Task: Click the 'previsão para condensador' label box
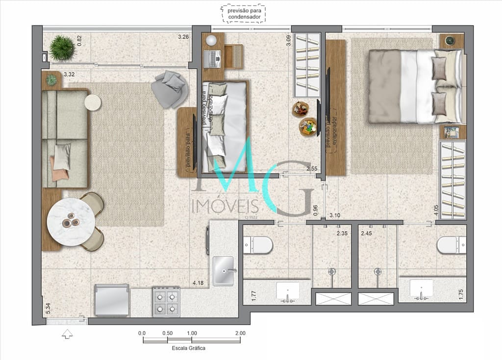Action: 244,13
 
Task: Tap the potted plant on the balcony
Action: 62,48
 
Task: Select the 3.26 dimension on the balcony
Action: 183,37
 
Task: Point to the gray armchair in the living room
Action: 169,89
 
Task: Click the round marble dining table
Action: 71,222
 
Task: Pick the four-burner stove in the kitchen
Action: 166,302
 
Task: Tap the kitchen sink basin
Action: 224,271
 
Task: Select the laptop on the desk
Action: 215,59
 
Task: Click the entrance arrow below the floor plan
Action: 67,334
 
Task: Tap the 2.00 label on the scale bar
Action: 240,333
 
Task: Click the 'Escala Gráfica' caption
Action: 189,348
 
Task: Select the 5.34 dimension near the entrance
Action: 48,309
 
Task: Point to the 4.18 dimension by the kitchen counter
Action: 198,283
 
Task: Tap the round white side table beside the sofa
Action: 93,102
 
